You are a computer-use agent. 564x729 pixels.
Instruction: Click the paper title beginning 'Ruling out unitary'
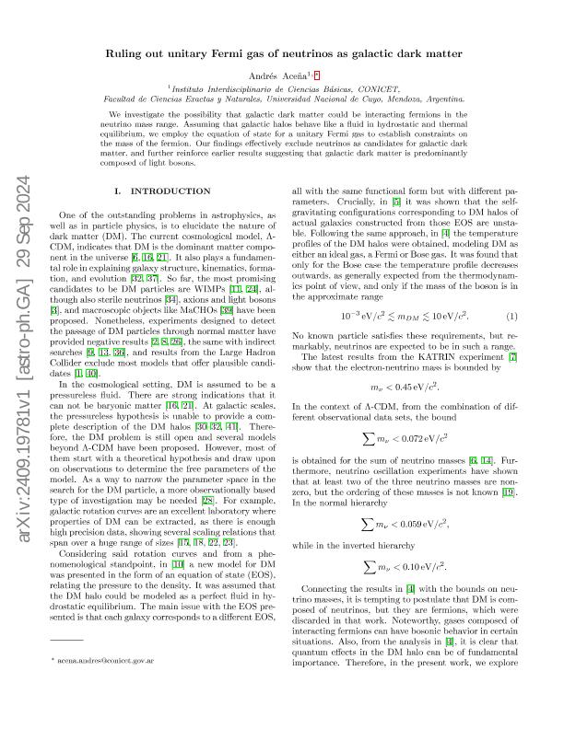tap(281, 53)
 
